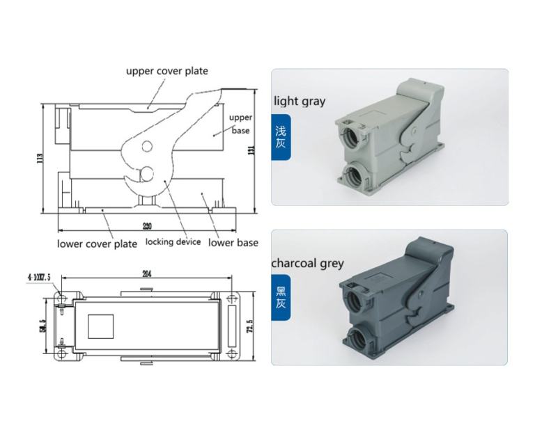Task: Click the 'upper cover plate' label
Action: (x=166, y=71)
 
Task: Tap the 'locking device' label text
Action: (x=173, y=242)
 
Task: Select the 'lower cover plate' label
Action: (x=97, y=244)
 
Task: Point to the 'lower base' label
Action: (x=233, y=243)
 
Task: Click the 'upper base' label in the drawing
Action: (x=240, y=123)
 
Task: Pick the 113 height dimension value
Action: (x=40, y=159)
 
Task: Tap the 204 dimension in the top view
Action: (x=146, y=273)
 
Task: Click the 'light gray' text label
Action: (x=300, y=101)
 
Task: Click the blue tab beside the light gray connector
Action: (x=280, y=137)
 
